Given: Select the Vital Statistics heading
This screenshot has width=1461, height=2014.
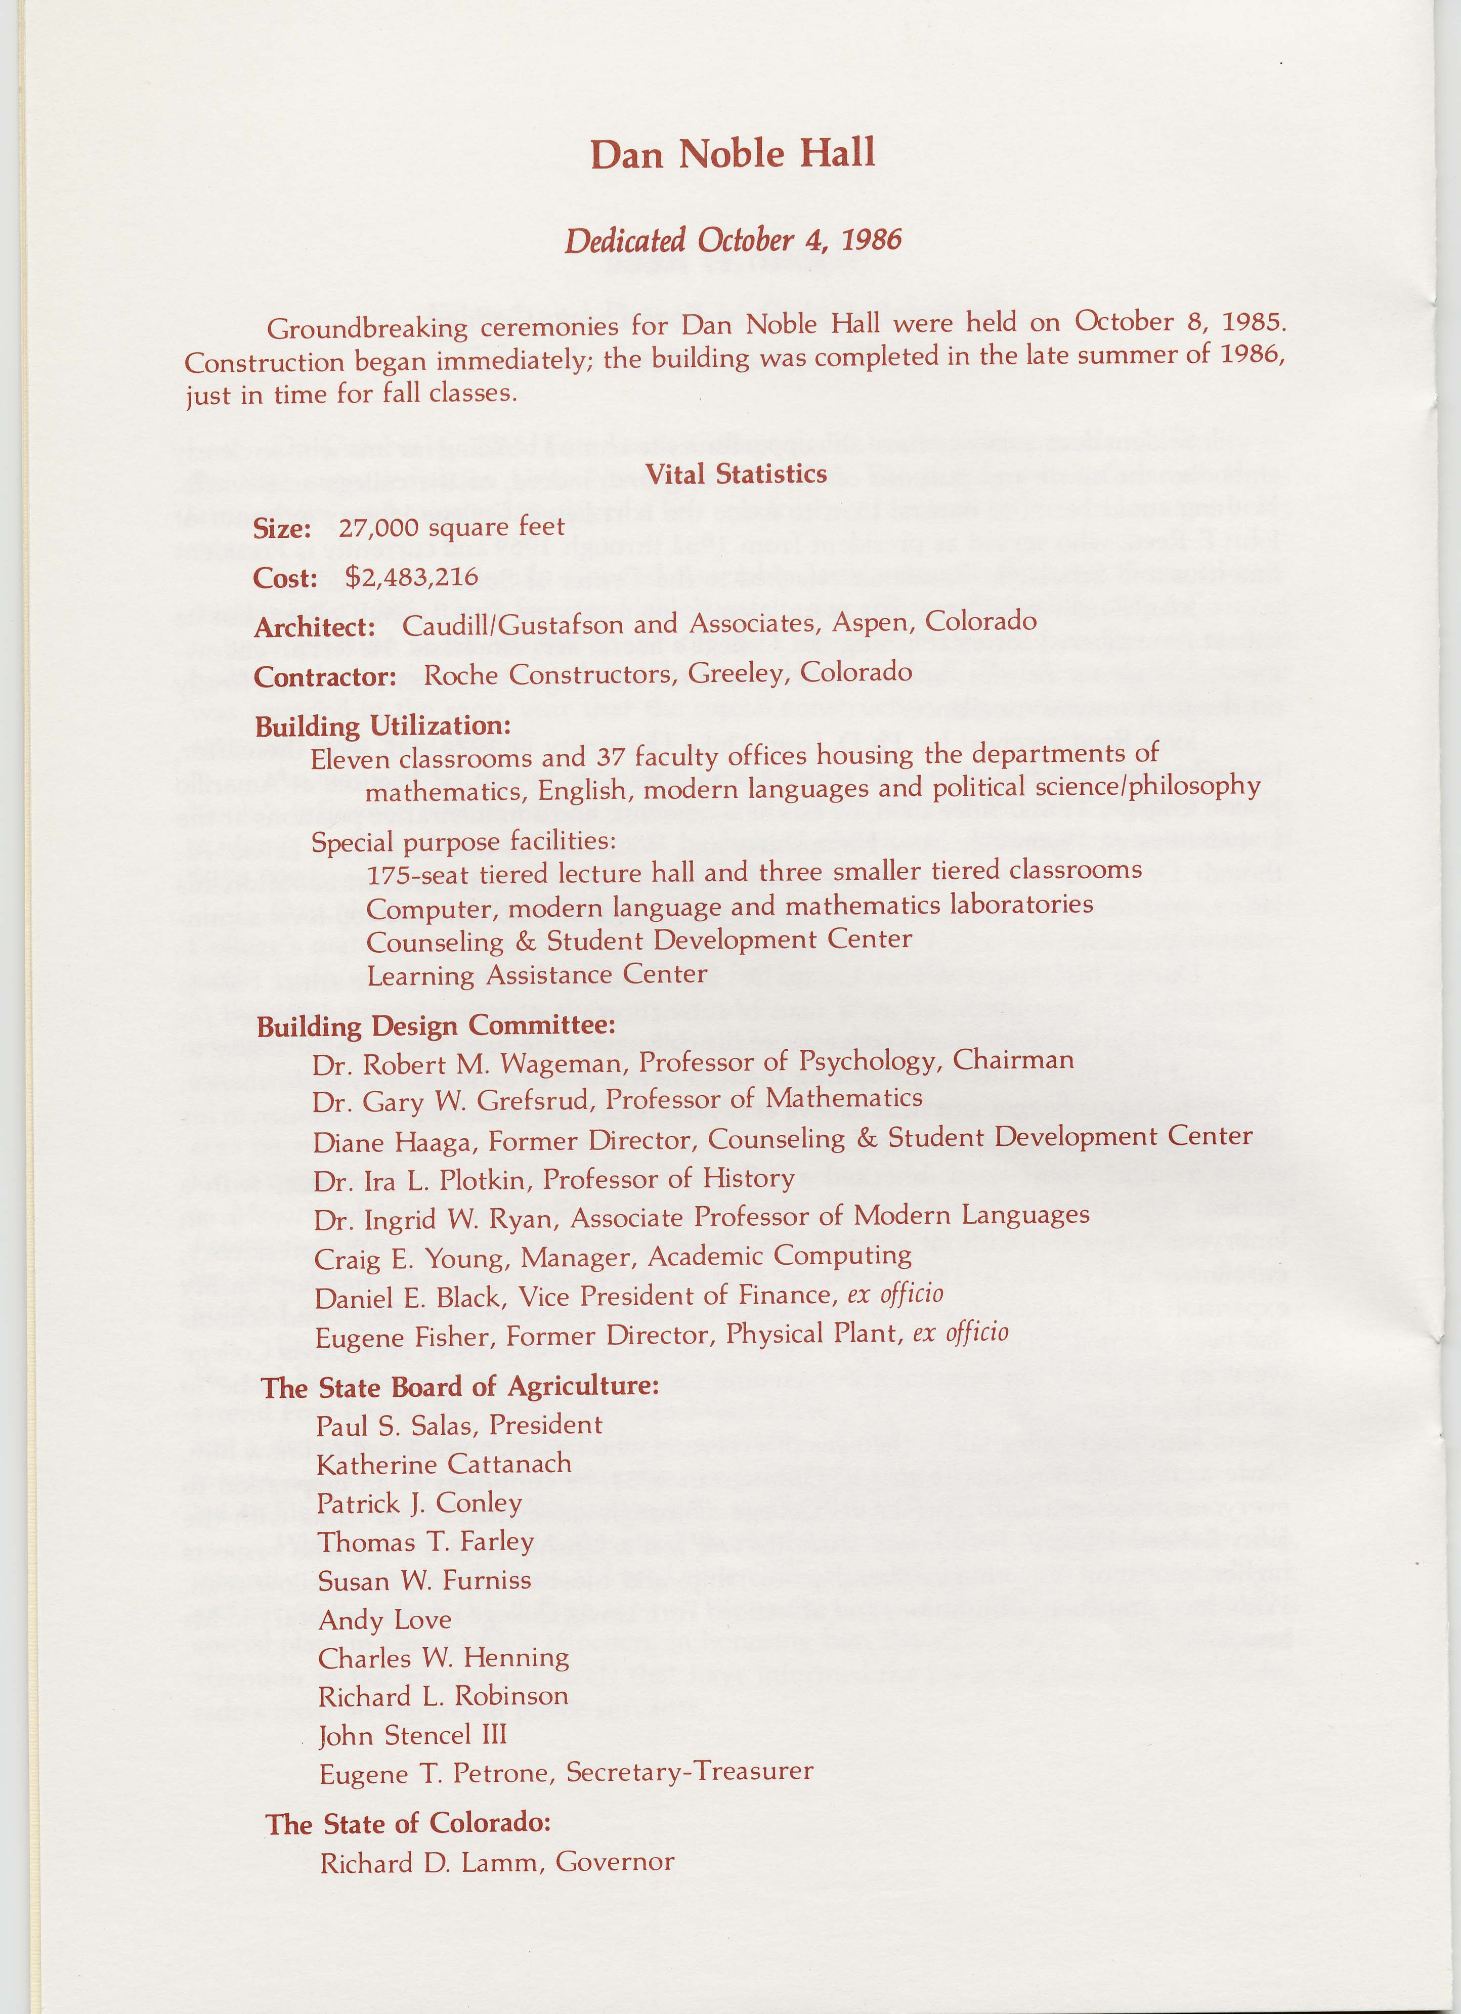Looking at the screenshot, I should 736,474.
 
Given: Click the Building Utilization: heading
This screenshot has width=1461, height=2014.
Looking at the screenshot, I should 383,726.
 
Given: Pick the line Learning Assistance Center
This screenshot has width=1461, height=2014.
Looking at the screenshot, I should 536,975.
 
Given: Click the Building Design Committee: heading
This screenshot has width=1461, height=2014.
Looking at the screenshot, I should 436,1026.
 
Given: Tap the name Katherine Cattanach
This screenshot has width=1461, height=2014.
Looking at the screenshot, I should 444,1464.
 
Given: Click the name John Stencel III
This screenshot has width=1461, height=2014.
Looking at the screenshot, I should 412,1735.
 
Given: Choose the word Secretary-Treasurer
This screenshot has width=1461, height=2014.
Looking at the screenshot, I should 689,1772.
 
